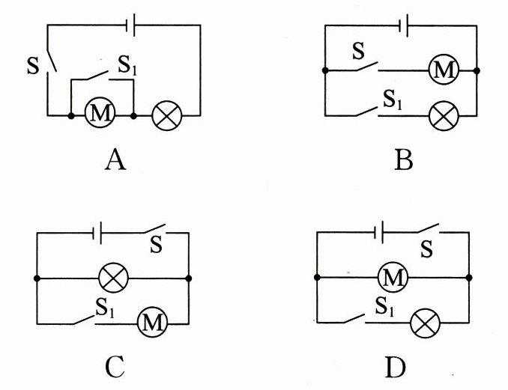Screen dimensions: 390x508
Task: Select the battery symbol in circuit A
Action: pyautogui.click(x=130, y=25)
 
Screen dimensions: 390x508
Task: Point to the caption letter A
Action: pyautogui.click(x=114, y=159)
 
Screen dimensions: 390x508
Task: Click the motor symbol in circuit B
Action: pyautogui.click(x=442, y=71)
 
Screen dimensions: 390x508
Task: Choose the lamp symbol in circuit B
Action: pyautogui.click(x=442, y=115)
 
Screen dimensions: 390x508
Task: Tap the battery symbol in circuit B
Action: pyautogui.click(x=405, y=25)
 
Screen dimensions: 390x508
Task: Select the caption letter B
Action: pyautogui.click(x=403, y=159)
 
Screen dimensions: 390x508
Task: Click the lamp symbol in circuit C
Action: pyautogui.click(x=114, y=279)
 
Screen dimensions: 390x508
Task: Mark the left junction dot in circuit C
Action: pyautogui.click(x=37, y=279)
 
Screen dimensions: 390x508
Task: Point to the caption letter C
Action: pyautogui.click(x=114, y=367)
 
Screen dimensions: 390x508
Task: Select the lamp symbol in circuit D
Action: pyautogui.click(x=426, y=323)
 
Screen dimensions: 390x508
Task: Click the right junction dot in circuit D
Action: pyautogui.click(x=469, y=278)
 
